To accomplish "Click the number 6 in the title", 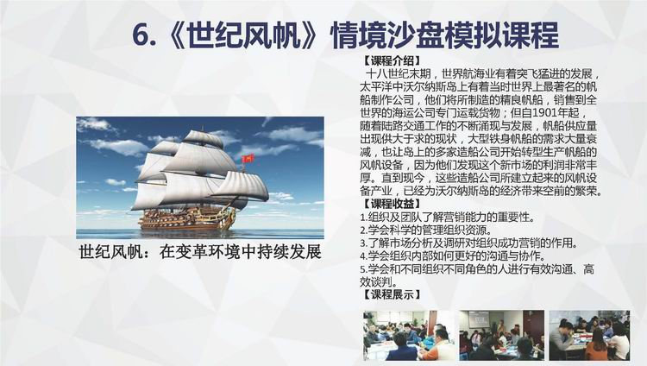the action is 141,35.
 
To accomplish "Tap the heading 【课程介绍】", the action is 392,61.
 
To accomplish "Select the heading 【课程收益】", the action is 392,203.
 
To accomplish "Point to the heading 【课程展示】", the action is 392,294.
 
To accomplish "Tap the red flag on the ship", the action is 248,158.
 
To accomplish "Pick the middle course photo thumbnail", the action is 502,336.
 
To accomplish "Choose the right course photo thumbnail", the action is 590,336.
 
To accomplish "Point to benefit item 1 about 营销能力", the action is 447,217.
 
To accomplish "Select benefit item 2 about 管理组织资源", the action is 426,230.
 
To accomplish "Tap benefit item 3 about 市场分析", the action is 468,243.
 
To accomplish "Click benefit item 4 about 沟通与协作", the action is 452,256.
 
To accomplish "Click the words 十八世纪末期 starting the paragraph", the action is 399,74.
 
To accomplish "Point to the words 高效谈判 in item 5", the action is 476,275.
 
